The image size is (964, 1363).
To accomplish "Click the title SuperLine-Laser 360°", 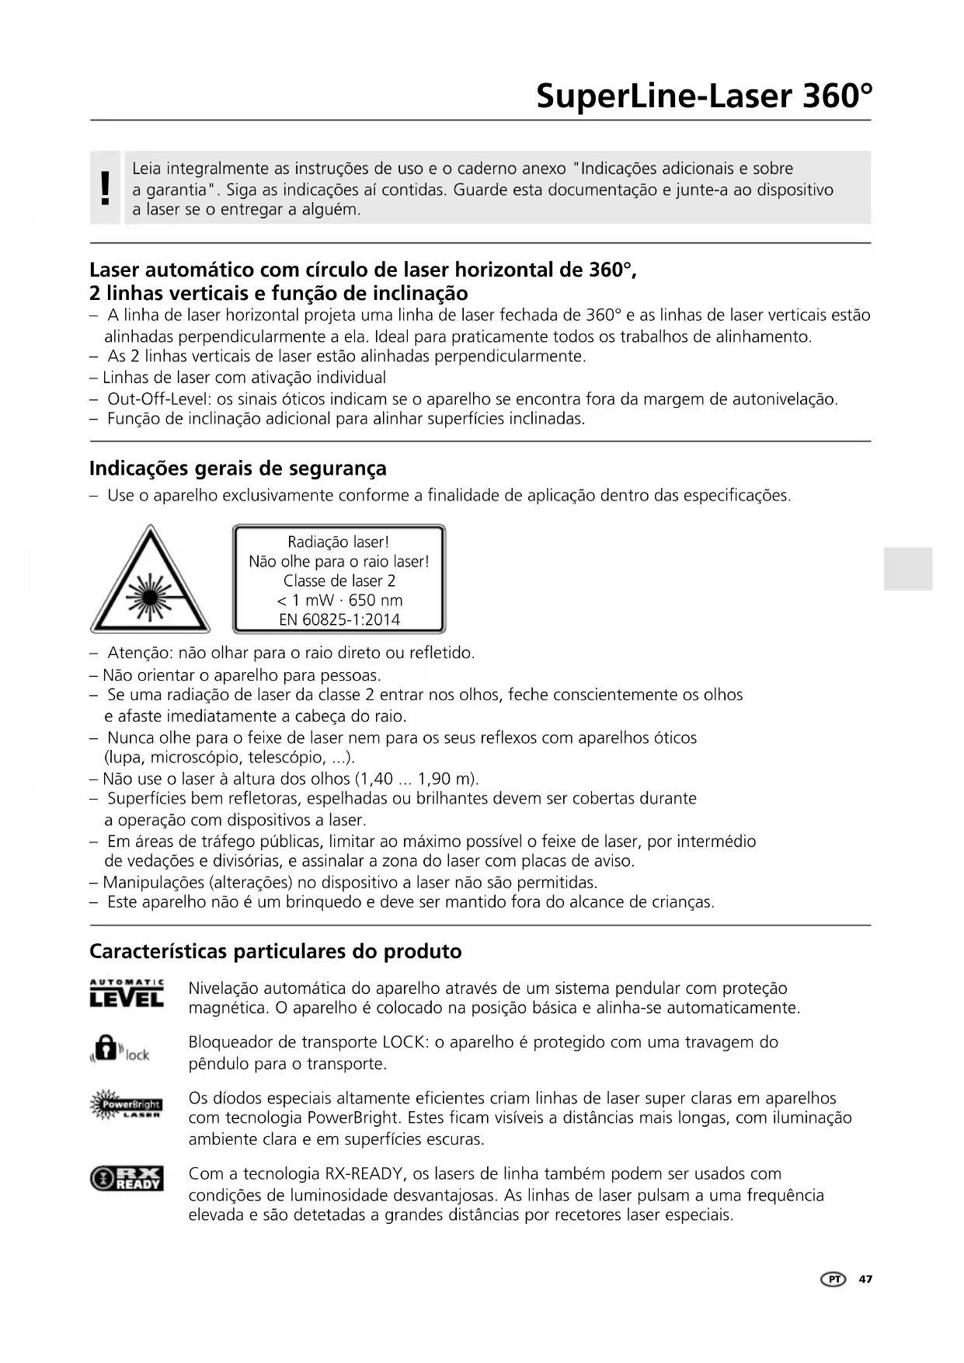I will (704, 96).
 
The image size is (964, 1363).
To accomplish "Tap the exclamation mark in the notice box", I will (106, 189).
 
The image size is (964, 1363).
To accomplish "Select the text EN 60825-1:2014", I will (339, 620).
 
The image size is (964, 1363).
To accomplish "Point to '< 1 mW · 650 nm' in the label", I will (339, 601).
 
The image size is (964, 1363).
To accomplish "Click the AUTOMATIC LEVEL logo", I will (127, 994).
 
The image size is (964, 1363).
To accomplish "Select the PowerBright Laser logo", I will (126, 1105).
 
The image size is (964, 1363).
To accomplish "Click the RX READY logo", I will (127, 1178).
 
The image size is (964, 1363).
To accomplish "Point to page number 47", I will (865, 1279).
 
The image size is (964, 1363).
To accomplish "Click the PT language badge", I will (833, 1279).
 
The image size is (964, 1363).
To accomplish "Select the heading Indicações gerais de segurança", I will (238, 469).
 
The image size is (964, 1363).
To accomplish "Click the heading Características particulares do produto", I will (275, 951).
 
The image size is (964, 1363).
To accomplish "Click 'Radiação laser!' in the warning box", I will (338, 542).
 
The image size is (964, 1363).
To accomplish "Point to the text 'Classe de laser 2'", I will (339, 581).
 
